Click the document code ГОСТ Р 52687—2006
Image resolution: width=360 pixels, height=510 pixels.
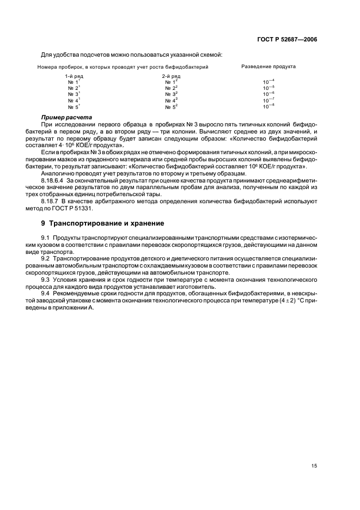[x=288, y=39]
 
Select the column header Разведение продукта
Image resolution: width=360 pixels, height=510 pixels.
[x=268, y=66]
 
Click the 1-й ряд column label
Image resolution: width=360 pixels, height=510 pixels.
[x=74, y=76]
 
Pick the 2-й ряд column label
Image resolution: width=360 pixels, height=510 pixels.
[x=171, y=76]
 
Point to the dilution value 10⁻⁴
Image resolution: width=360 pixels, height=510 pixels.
[x=269, y=82]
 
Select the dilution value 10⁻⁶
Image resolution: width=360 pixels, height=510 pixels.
[x=269, y=94]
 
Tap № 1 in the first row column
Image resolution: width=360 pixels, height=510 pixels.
[x=74, y=82]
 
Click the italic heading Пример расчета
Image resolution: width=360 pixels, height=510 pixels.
[x=66, y=118]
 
